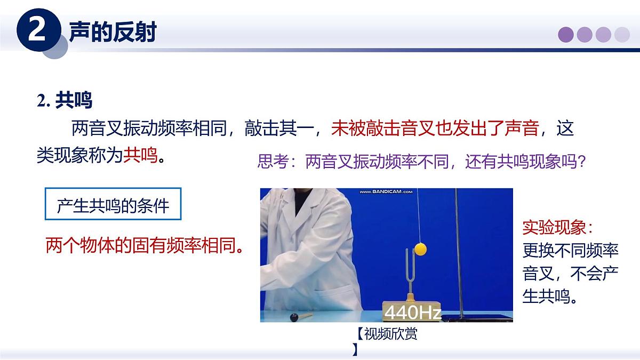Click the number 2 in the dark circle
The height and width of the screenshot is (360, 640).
36,31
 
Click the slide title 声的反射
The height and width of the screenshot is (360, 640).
113,33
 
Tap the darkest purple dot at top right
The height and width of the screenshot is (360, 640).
566,35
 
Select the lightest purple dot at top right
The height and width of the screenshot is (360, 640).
622,35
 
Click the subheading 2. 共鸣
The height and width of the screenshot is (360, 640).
65,100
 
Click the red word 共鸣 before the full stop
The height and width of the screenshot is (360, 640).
140,155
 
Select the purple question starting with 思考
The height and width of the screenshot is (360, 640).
422,161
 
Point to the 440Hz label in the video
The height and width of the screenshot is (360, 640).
412,312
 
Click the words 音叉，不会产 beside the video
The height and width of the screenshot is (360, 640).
570,274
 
